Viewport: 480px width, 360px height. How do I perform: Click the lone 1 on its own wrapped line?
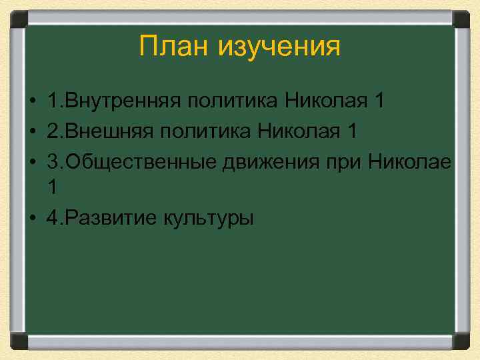pos(52,189)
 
